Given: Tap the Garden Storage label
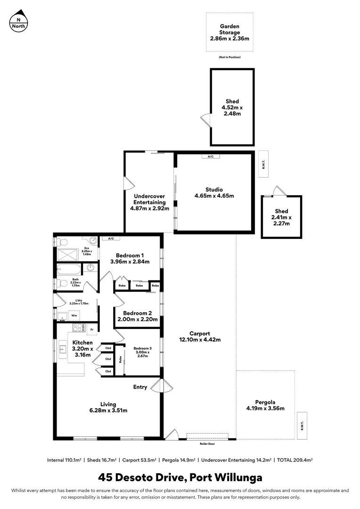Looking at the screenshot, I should [x=229, y=33].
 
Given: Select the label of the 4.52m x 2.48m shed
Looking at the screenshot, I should [x=232, y=107].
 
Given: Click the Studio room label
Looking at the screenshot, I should [x=214, y=193].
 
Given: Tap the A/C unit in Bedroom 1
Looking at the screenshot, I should [x=111, y=238].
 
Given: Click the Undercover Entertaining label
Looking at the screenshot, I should [x=149, y=202].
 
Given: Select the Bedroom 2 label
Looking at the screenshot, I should [x=137, y=316].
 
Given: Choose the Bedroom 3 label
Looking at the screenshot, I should [x=142, y=352].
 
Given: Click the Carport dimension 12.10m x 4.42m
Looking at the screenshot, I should [x=200, y=339].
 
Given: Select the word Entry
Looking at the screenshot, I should [x=140, y=387].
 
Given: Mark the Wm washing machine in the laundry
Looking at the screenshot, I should [x=74, y=315].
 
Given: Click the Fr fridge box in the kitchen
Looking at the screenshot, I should [x=92, y=328].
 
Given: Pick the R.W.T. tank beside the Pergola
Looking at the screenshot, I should [x=302, y=420].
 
